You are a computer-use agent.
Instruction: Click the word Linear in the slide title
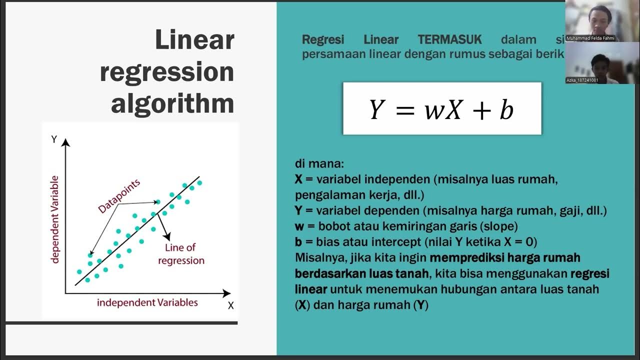click(x=194, y=40)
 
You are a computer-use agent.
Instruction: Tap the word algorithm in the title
click(x=172, y=103)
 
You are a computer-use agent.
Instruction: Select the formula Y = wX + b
click(x=441, y=109)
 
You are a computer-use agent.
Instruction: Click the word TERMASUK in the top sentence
click(x=449, y=39)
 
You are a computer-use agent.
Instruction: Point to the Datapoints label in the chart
click(x=119, y=196)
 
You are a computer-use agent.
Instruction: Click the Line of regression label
click(x=181, y=254)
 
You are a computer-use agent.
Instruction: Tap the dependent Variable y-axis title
click(x=55, y=219)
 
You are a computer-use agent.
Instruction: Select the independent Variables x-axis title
click(x=147, y=302)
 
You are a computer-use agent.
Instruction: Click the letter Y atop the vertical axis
click(x=54, y=139)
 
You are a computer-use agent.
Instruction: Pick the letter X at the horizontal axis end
click(x=230, y=305)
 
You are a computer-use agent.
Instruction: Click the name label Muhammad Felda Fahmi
click(x=590, y=38)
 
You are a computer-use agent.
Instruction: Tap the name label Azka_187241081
click(x=582, y=80)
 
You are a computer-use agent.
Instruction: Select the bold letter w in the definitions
click(x=298, y=226)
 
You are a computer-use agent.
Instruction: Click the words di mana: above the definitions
click(x=319, y=164)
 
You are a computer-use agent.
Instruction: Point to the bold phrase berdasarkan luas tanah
click(x=361, y=273)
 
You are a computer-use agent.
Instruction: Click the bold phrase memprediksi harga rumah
click(x=504, y=258)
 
